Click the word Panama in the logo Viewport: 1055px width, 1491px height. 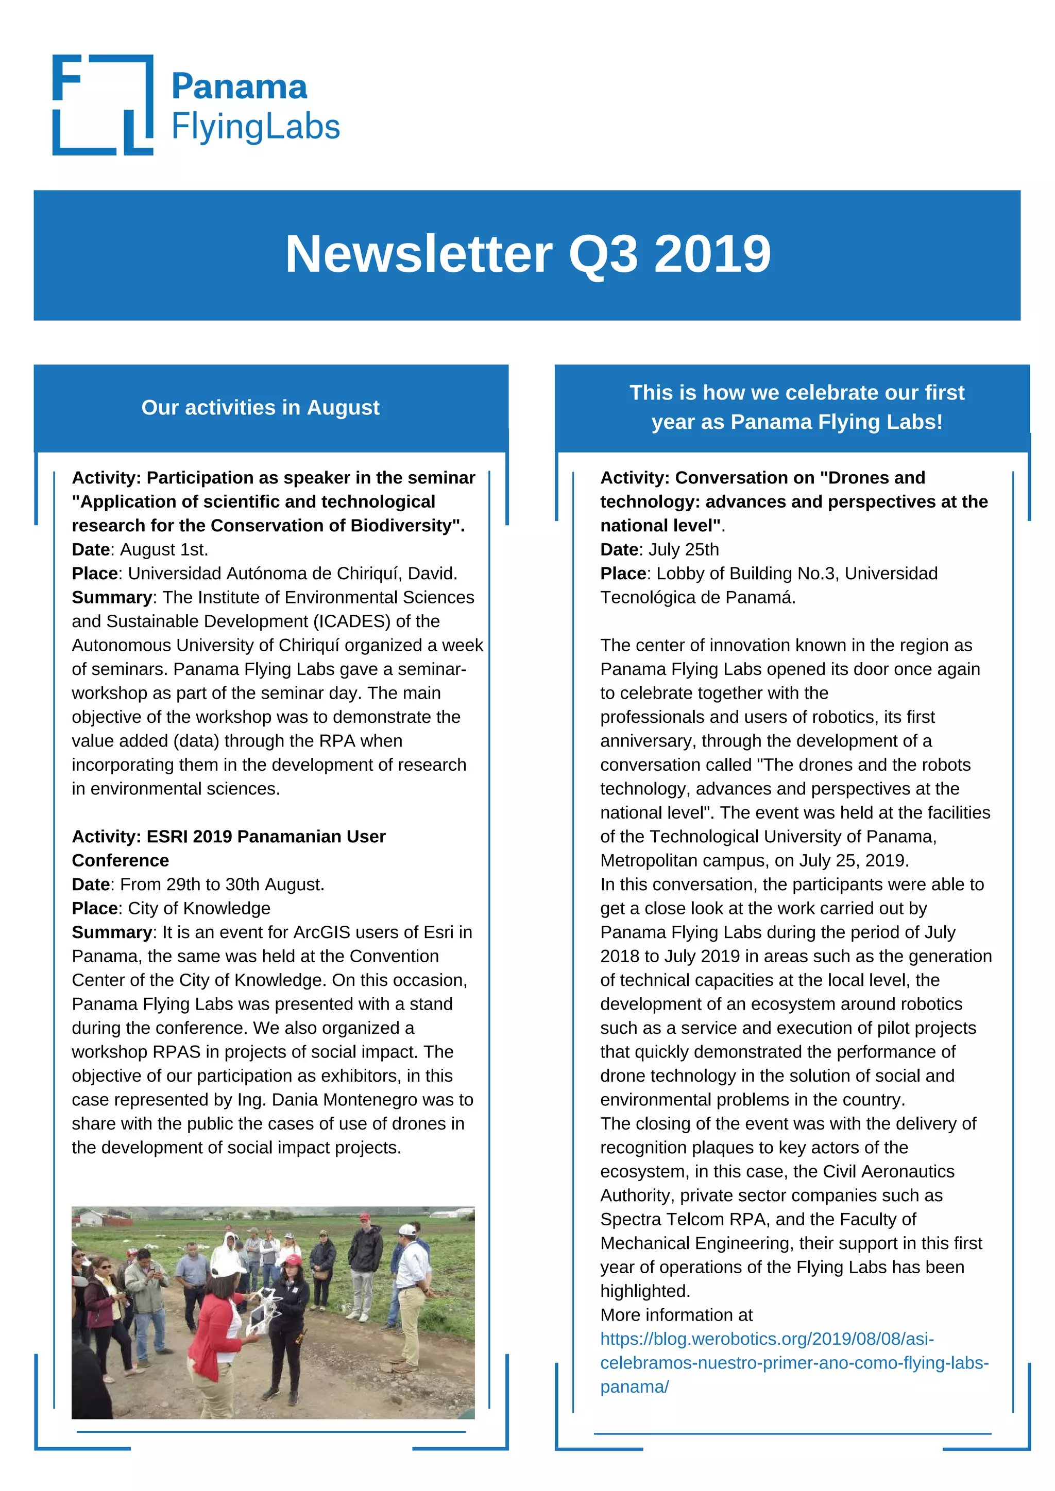239,87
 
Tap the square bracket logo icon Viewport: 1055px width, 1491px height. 103,105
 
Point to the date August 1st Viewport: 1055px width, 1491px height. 164,550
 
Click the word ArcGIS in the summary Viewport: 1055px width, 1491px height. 323,932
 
